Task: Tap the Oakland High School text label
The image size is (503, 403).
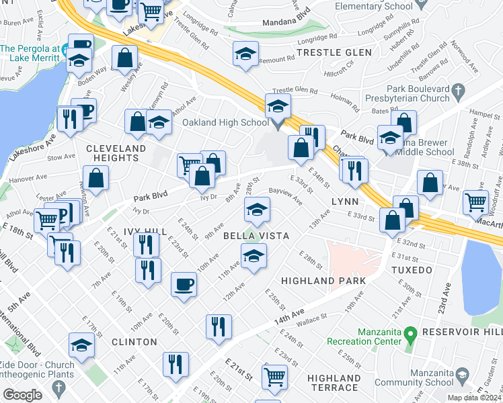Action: (x=226, y=123)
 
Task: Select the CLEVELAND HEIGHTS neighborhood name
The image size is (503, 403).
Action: (x=116, y=153)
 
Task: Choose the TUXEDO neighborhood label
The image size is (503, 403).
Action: (x=411, y=270)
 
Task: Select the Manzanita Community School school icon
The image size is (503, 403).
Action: (x=462, y=375)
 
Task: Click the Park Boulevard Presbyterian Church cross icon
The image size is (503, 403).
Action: (x=458, y=90)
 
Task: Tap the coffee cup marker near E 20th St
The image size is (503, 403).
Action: (x=184, y=285)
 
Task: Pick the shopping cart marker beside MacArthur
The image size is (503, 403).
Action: (x=476, y=201)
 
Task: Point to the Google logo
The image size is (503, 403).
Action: (x=22, y=395)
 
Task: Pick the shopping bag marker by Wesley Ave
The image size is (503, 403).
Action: (x=124, y=59)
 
